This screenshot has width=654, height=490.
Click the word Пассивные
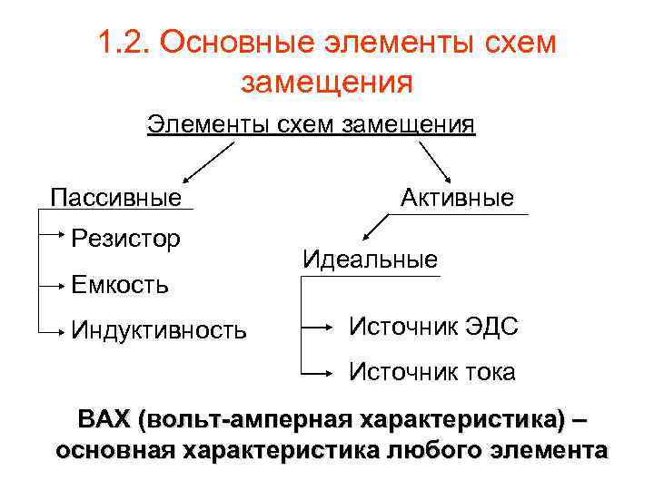click(x=115, y=197)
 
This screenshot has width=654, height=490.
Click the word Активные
click(x=457, y=198)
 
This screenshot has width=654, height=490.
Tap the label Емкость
click(x=119, y=284)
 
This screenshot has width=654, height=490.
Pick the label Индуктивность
click(x=159, y=328)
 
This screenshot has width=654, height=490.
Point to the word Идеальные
click(x=370, y=260)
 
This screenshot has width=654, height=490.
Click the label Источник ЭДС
click(x=434, y=327)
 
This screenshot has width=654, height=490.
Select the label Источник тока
click(x=432, y=371)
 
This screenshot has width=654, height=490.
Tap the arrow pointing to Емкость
click(x=53, y=284)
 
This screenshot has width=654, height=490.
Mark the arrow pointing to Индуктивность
click(x=53, y=330)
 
